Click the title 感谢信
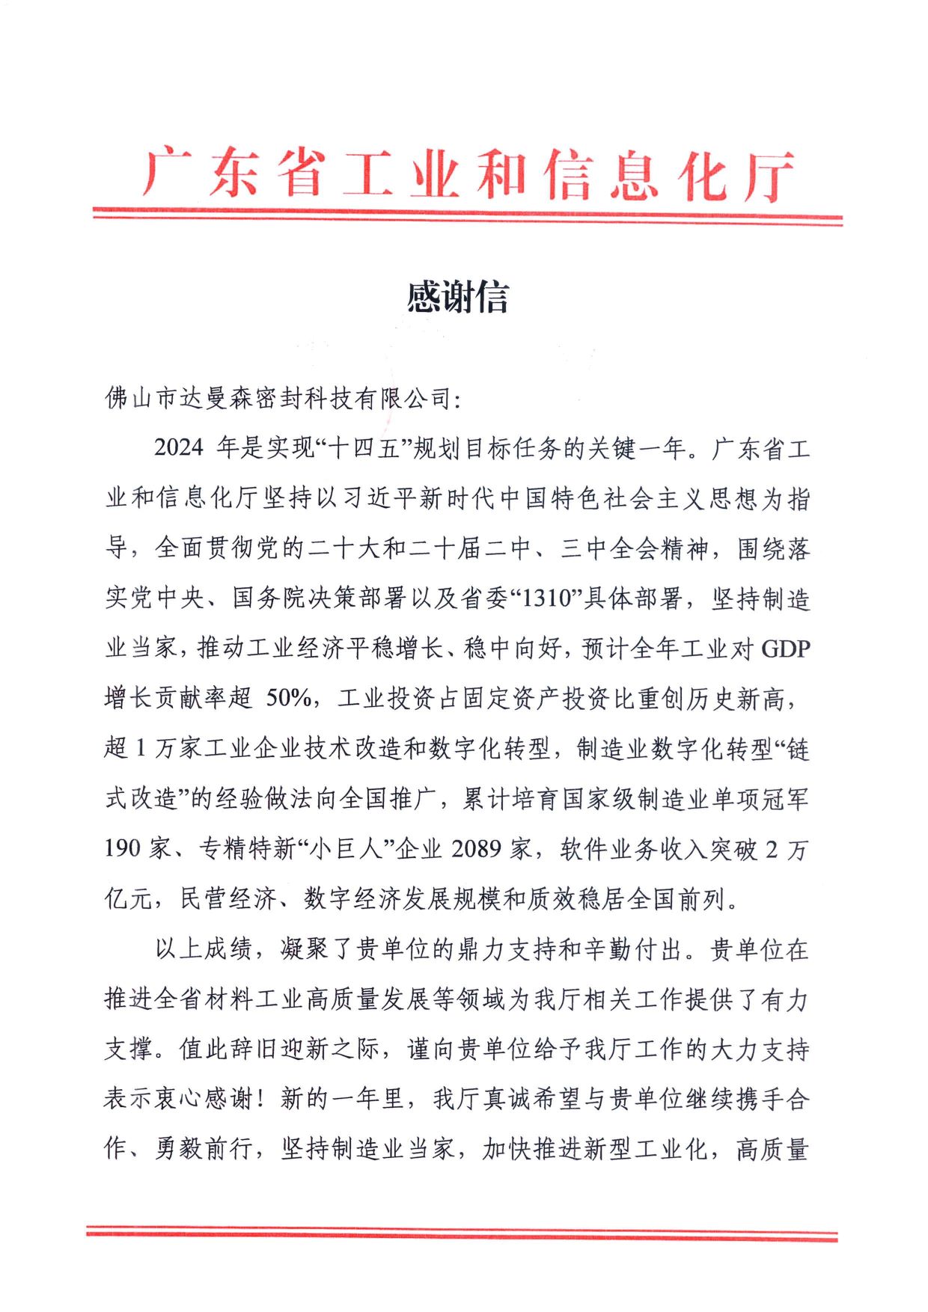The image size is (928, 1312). pyautogui.click(x=458, y=298)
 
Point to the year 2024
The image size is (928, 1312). pyautogui.click(x=178, y=448)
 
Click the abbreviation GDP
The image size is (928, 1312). pyautogui.click(x=785, y=649)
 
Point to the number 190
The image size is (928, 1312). pyautogui.click(x=123, y=849)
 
